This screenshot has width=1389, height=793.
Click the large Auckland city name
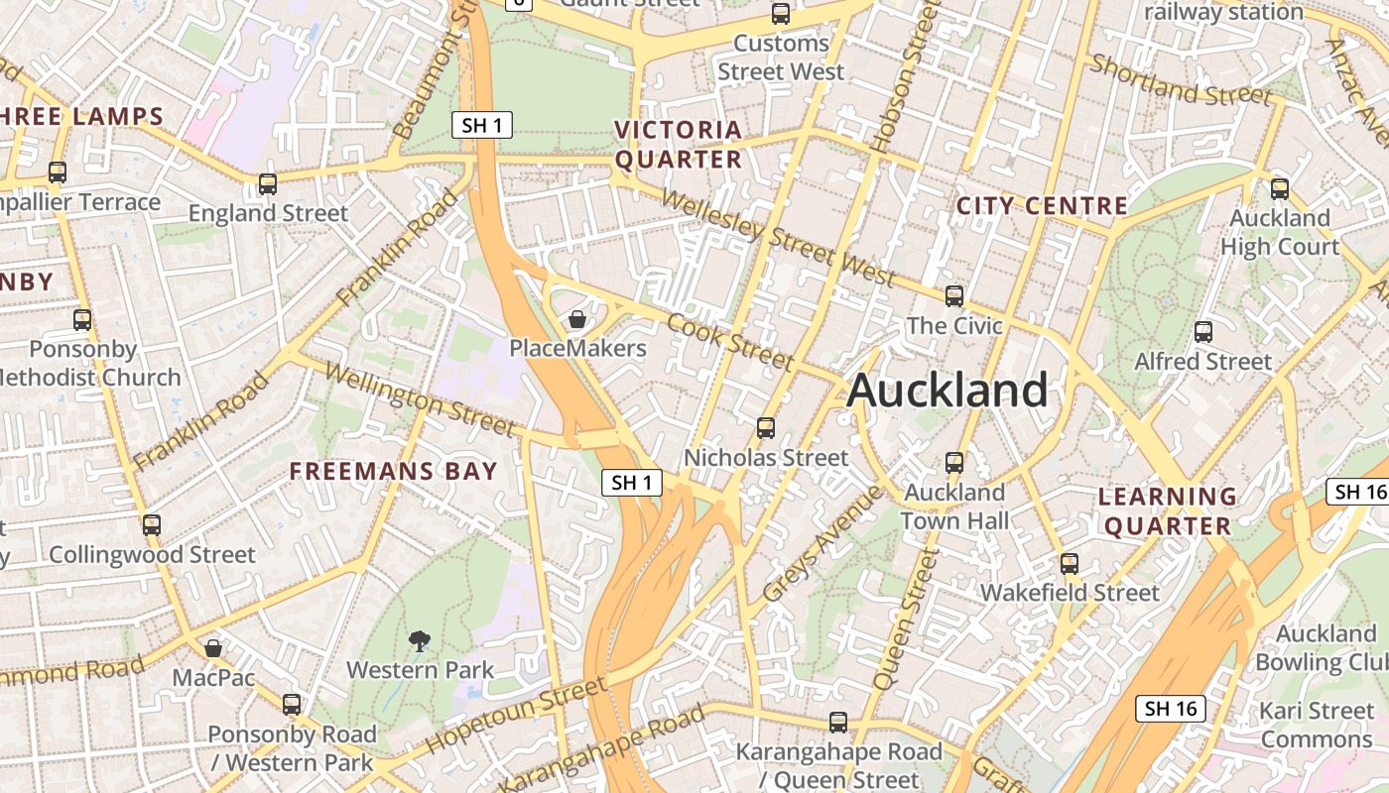click(947, 390)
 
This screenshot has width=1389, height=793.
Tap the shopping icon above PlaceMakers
click(576, 319)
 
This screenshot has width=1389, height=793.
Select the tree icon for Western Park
click(420, 640)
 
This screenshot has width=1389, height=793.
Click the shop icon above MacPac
click(212, 648)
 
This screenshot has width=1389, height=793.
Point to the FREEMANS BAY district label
click(393, 471)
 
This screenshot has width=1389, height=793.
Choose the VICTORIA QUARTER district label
click(679, 145)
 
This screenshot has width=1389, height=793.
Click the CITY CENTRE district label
click(1042, 206)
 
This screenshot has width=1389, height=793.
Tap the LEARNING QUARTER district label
click(1168, 510)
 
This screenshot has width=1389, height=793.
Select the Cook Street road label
click(730, 341)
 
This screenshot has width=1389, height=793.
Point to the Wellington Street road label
click(420, 400)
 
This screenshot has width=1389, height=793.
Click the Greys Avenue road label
click(821, 544)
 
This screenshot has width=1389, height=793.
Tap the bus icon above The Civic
click(953, 295)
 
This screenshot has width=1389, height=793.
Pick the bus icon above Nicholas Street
click(766, 427)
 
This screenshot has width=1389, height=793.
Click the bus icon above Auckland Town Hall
click(953, 462)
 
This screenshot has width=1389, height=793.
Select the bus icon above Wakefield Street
click(1069, 563)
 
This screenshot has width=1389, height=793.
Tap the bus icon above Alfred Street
click(1202, 331)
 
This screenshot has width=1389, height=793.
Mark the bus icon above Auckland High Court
click(1280, 188)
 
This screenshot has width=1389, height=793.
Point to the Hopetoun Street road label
click(516, 715)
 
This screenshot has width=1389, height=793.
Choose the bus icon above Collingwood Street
click(151, 524)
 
